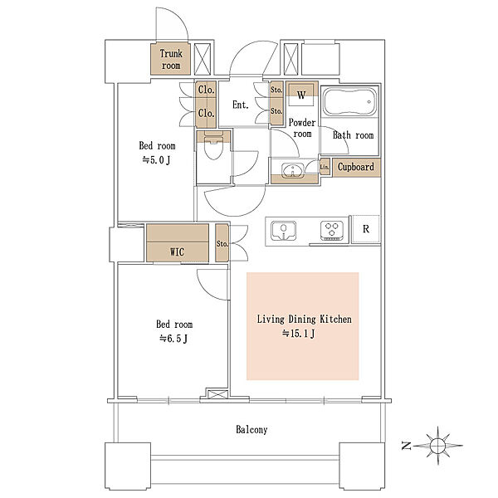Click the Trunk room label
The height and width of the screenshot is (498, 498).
pyautogui.click(x=171, y=60)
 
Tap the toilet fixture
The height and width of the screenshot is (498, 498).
pyautogui.click(x=213, y=145)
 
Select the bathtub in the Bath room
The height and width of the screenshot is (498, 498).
pyautogui.click(x=349, y=101)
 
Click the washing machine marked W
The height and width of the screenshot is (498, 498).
pyautogui.click(x=301, y=95)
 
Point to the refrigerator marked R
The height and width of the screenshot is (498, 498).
pyautogui.click(x=366, y=229)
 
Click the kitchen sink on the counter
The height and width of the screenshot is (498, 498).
pyautogui.click(x=284, y=230)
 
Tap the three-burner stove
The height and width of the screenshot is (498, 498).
pyautogui.click(x=332, y=230)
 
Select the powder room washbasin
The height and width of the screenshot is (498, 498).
pyautogui.click(x=293, y=170)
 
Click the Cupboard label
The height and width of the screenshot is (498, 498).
pyautogui.click(x=356, y=167)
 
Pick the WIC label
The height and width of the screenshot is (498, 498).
pyautogui.click(x=178, y=252)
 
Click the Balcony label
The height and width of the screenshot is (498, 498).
pyautogui.click(x=251, y=430)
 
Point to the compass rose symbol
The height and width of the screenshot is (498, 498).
pyautogui.click(x=438, y=445)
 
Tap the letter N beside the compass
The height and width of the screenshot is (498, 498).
pyautogui.click(x=406, y=446)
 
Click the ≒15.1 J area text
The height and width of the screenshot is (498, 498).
pyautogui.click(x=299, y=334)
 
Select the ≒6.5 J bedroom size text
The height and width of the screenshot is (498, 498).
pyautogui.click(x=173, y=339)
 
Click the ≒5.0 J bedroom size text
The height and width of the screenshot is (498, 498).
pyautogui.click(x=156, y=160)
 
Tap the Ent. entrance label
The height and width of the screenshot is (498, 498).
pyautogui.click(x=241, y=105)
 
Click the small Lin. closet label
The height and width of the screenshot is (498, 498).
pyautogui.click(x=325, y=167)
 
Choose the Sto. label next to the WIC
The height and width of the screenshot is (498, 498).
pyautogui.click(x=222, y=244)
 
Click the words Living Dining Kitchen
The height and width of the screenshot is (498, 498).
pyautogui.click(x=305, y=320)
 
